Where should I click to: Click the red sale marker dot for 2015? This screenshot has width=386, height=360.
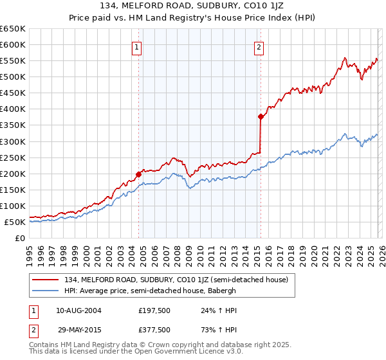pos(261,116)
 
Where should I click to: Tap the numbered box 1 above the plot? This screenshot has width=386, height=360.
pos(138,46)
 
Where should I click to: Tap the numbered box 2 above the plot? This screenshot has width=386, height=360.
pos(259,46)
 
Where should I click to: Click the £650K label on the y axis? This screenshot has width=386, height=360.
pos(13,29)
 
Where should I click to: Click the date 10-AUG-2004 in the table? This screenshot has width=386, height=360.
pos(78,310)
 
